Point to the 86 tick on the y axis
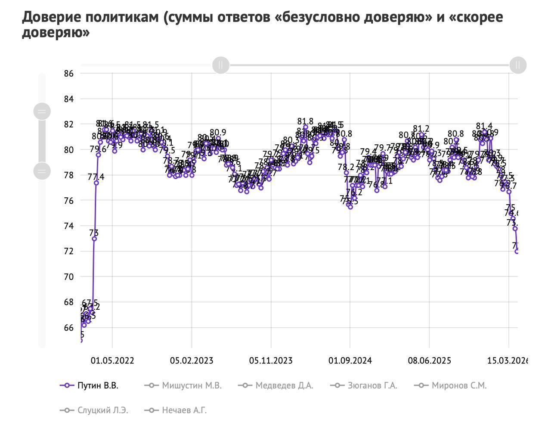coord(68,74)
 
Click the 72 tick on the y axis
coord(68,251)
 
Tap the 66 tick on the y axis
coord(68,327)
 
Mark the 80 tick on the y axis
coord(68,150)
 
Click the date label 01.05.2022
coord(112,361)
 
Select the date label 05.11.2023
coord(271,361)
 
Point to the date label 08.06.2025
coord(429,361)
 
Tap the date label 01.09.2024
coord(350,361)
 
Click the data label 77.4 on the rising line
coord(96,177)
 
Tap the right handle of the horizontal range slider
coord(517,65)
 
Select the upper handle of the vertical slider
coord(42,112)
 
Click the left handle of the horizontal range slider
coord(221,65)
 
